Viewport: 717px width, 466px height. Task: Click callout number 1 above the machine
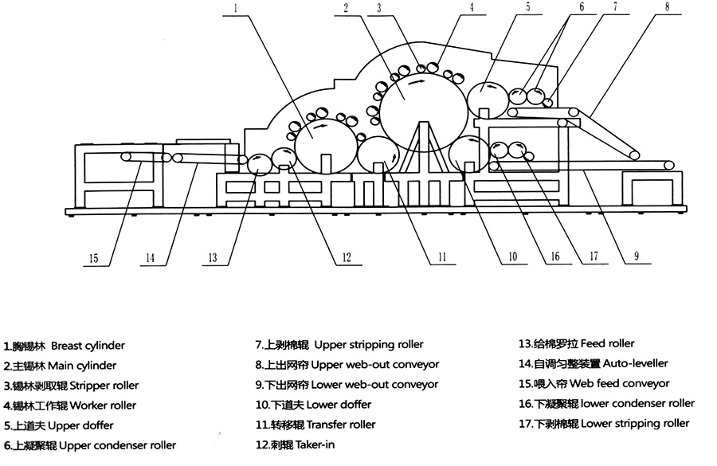pyautogui.click(x=237, y=9)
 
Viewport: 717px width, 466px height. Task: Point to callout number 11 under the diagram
pyautogui.click(x=439, y=257)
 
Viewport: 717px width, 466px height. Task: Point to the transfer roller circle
pyautogui.click(x=378, y=158)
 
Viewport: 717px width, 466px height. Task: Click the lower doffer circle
pyautogui.click(x=468, y=155)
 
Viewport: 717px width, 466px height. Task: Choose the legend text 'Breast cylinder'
pyautogui.click(x=88, y=347)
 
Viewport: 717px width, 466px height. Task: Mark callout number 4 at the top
pyautogui.click(x=471, y=9)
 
